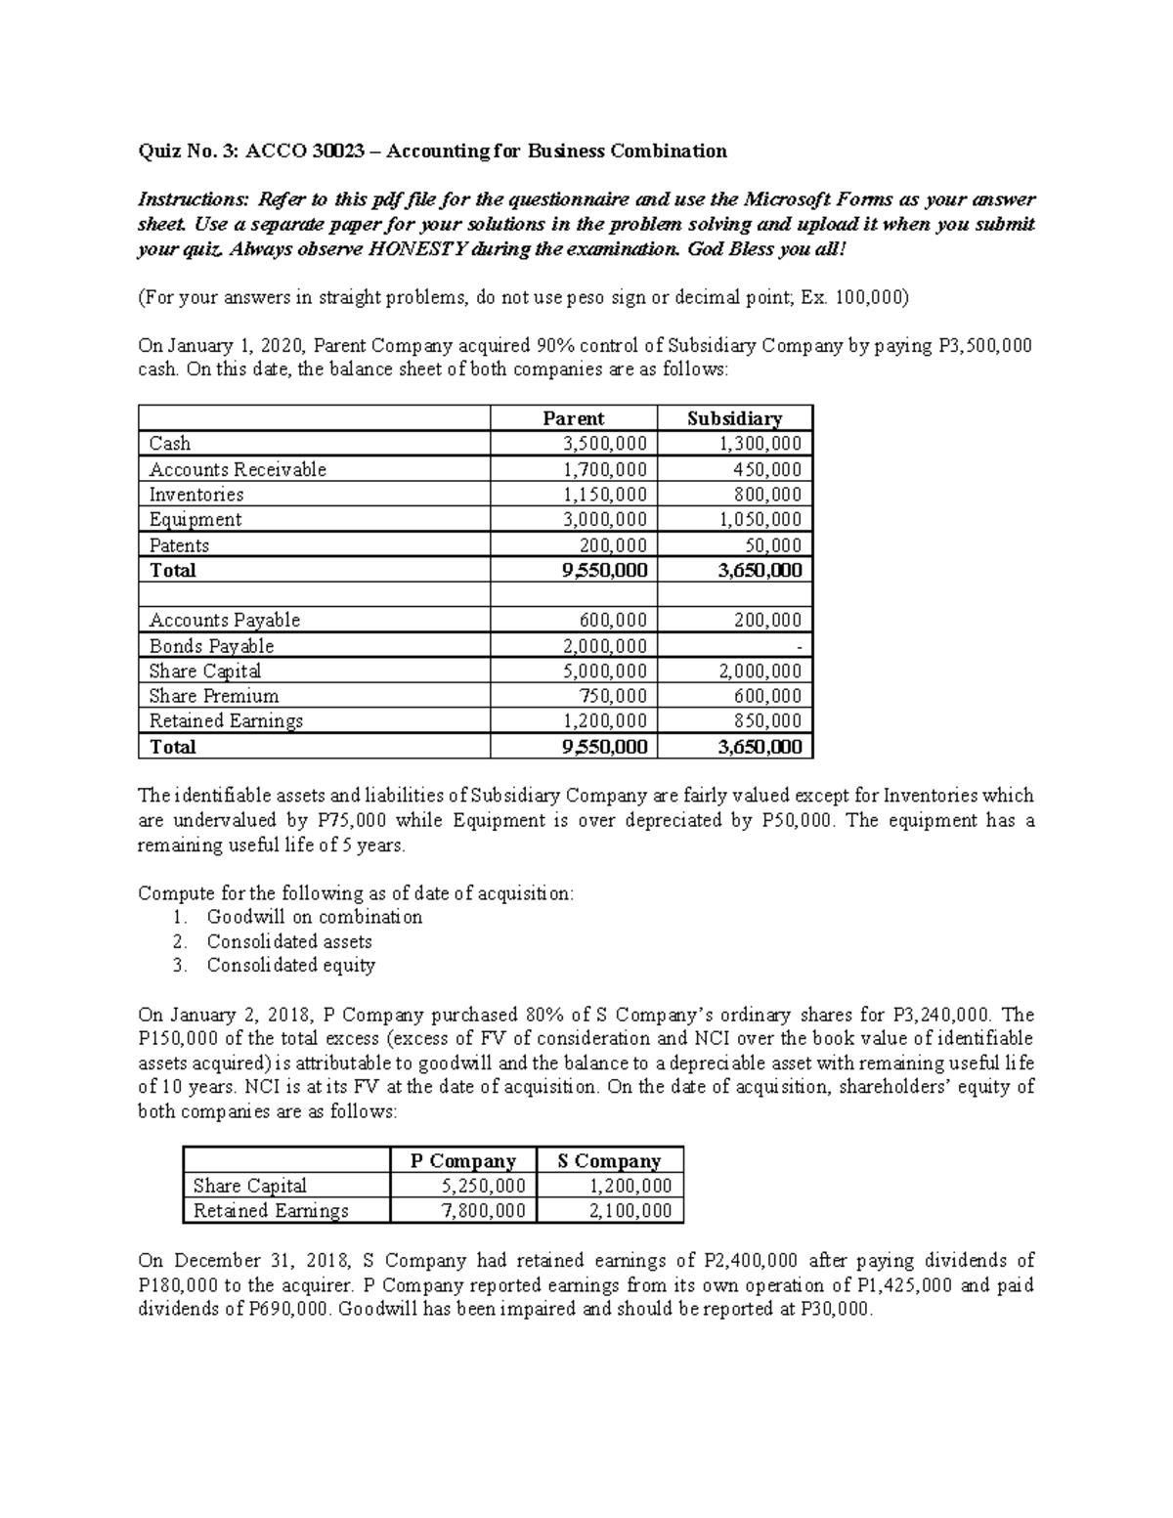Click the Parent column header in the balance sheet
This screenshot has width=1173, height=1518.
(573, 418)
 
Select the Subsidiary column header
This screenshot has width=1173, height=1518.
(734, 418)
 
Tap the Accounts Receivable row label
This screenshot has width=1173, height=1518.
(238, 469)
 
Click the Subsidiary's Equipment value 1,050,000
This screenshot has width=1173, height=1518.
(760, 519)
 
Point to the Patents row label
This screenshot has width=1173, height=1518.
(179, 545)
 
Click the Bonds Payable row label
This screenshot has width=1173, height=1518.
(211, 646)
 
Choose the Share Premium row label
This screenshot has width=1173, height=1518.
(213, 696)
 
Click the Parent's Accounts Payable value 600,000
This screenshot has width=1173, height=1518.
(612, 620)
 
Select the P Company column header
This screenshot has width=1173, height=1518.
(462, 1161)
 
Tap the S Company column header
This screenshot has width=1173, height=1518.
(609, 1161)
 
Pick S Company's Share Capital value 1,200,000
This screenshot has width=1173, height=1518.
(630, 1186)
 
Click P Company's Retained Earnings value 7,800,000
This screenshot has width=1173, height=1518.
(484, 1211)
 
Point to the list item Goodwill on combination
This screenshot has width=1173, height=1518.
(315, 917)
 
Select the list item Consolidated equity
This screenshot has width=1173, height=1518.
(290, 966)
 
